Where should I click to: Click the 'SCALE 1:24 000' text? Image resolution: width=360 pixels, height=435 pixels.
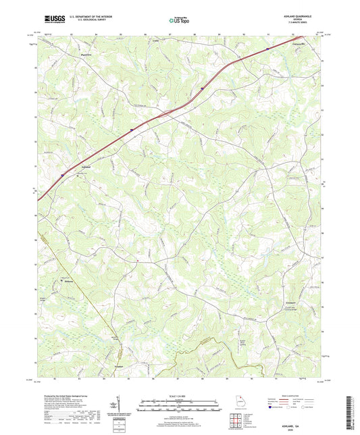(180, 396)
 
